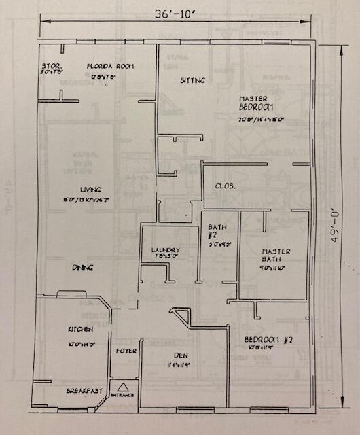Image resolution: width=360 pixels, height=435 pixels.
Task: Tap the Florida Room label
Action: coord(110,66)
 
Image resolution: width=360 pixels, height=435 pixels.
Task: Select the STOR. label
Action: coord(52,66)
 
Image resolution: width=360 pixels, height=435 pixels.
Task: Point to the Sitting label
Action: coord(192,80)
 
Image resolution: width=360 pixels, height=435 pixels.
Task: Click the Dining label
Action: coord(82,268)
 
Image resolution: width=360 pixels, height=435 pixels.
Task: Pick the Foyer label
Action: coord(127,351)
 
